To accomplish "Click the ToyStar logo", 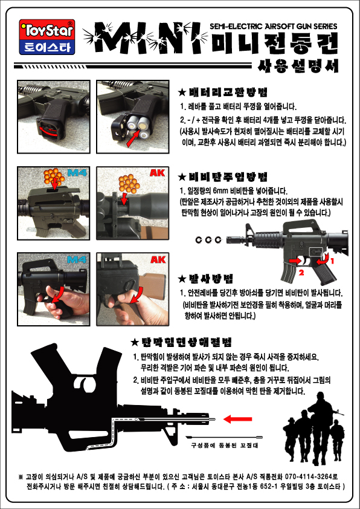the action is [x=47, y=37].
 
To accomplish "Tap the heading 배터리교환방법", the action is [x=223, y=92].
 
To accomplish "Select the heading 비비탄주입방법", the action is [x=223, y=177].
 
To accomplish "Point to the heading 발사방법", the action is [x=206, y=279].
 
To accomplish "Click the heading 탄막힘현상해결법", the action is [x=182, y=342].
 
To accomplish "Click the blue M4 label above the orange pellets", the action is [x=77, y=172].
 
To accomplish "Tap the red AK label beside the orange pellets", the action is [x=157, y=172].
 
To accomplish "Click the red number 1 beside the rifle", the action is [x=332, y=261].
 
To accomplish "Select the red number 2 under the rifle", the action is [x=301, y=273].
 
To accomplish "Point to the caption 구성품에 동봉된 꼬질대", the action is [x=225, y=446].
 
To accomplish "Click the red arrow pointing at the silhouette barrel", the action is [x=238, y=419].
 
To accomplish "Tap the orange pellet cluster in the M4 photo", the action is [x=54, y=177].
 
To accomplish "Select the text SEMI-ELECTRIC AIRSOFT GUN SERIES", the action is [x=274, y=26].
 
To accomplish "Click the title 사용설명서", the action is [x=298, y=65].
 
